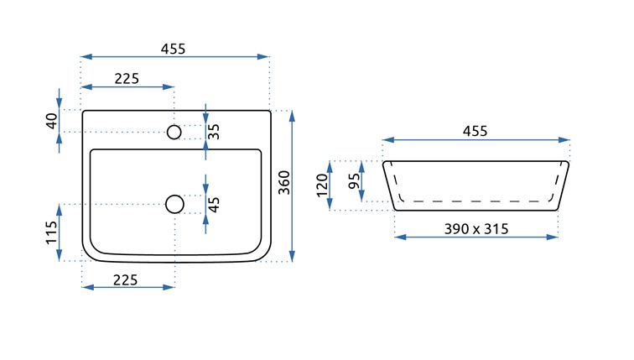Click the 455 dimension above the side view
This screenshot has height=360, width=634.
click(475, 131)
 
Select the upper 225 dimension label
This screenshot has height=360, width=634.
click(127, 79)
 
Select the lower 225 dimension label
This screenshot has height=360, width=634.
click(127, 279)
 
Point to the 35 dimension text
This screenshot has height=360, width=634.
click(214, 132)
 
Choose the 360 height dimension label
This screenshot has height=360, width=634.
click(283, 183)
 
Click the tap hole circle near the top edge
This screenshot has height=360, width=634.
click(174, 132)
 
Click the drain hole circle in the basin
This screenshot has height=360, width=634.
click(174, 203)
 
